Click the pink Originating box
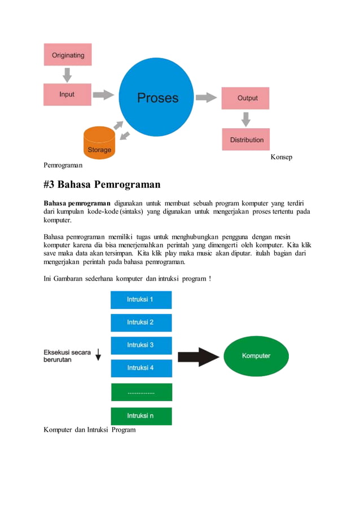68,55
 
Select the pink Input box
68,94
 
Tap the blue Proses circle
157,98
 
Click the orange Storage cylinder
99,143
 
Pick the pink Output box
245,98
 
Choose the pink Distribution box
245,139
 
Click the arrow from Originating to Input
67,74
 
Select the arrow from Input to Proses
103,95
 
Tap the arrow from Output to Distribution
245,119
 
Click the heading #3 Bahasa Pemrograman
102,185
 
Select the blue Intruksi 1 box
141,300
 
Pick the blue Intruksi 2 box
141,322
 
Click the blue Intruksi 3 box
141,345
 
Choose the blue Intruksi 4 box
141,368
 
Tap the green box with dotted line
141,392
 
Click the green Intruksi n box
141,416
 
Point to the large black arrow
198,357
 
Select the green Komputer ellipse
256,356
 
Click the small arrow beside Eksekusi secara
98,354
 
